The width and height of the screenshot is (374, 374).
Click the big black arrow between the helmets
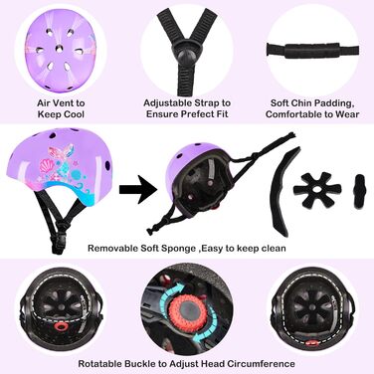coord(138,190)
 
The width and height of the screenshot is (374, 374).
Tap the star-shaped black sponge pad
coord(317,190)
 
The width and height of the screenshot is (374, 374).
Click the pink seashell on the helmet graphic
coord(47,166)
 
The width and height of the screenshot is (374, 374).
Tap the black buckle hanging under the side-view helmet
coord(57,243)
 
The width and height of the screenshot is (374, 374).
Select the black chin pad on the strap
coord(312,50)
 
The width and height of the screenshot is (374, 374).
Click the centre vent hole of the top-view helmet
coord(60,49)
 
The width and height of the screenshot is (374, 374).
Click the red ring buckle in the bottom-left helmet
coord(61,327)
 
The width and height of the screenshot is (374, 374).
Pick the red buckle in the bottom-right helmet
coord(312,343)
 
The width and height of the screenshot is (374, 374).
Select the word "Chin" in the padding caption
coord(301,103)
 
